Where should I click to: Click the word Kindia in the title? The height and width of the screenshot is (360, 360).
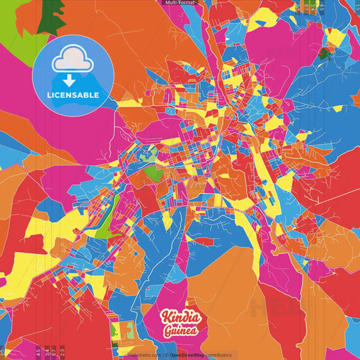pos(179,317)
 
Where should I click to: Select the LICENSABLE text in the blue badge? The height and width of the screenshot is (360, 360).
pos(73,95)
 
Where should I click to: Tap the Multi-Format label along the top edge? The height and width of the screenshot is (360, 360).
pos(179,3)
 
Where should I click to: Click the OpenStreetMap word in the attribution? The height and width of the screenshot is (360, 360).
pos(188,355)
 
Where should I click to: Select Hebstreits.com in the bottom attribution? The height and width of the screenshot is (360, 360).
pos(145,355)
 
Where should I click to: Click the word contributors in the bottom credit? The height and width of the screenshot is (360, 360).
pos(219,355)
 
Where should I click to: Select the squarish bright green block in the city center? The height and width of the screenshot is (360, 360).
pos(155,173)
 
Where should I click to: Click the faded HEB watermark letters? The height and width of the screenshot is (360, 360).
pos(270,307)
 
